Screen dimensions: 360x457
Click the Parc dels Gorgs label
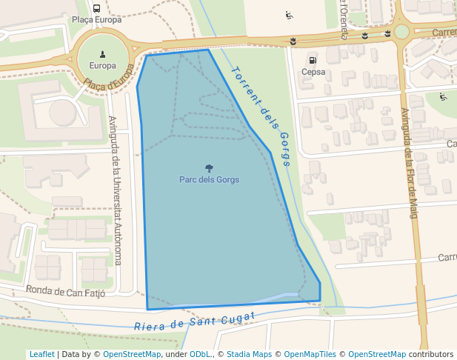tap(209, 179)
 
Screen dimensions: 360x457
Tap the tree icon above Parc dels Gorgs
tap(209, 168)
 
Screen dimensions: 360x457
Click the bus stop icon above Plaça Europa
tap(97, 8)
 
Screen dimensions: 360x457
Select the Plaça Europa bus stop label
tap(97, 19)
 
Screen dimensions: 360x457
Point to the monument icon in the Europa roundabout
tap(102, 53)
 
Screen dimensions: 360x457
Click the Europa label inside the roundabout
tap(102, 65)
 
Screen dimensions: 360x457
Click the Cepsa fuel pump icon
tap(313, 60)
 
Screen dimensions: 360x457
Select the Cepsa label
tap(313, 72)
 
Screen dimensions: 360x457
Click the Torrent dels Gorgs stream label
tap(261, 116)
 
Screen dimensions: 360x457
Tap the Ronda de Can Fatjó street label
tap(65, 290)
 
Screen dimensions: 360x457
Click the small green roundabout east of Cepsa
tap(401, 32)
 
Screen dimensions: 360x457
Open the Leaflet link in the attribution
tap(41, 354)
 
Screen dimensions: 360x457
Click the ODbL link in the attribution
tap(200, 354)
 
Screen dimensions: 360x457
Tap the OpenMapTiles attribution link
tap(310, 354)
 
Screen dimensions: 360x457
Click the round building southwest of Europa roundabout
tap(63, 113)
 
